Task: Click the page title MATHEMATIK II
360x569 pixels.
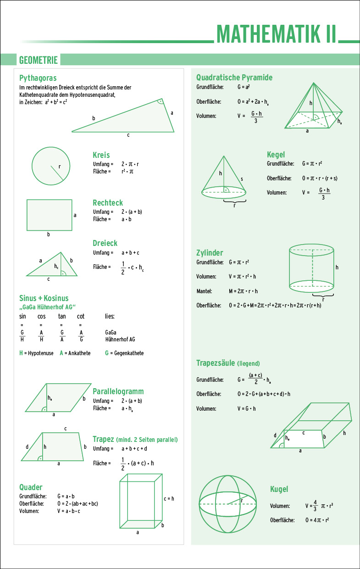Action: [277, 33]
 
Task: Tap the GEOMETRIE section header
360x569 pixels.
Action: [38, 60]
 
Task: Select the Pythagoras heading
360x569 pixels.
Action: [38, 78]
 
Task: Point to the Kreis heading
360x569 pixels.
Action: [101, 155]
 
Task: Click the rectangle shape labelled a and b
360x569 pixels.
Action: [49, 214]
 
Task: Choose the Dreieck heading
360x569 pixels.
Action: [105, 243]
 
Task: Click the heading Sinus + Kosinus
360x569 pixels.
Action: [44, 298]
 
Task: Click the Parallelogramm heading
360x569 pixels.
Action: [118, 391]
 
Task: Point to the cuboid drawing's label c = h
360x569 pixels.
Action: [169, 498]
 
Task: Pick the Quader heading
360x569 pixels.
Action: [31, 487]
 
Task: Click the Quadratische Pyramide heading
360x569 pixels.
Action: [234, 77]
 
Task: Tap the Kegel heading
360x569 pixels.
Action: [276, 155]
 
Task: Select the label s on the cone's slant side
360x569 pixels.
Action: [242, 179]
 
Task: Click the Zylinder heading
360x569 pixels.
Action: [210, 253]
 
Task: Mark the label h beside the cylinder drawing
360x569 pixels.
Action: [337, 267]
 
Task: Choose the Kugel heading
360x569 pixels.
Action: [279, 489]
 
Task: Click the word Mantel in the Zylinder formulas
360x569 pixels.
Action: [204, 291]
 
